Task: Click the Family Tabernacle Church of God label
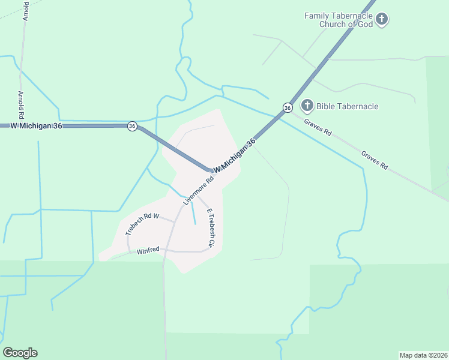point(338,20)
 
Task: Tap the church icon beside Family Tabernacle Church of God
point(382,20)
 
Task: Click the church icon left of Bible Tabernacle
point(307,106)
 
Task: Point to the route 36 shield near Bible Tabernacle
point(288,107)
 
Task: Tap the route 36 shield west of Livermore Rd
point(132,126)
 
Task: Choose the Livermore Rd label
point(199,190)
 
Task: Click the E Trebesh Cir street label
point(210,228)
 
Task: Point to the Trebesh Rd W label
point(142,224)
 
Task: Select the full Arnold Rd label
point(21,104)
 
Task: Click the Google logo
point(20,353)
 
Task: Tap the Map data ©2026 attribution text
point(423,355)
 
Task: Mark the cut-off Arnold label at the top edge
point(25,10)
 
